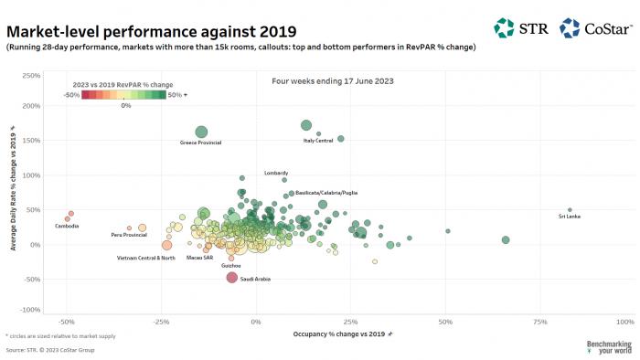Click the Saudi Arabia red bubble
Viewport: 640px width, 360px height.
point(232,278)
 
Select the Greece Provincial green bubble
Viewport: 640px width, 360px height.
point(201,132)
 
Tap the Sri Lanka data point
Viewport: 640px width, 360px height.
point(570,209)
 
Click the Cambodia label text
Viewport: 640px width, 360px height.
point(67,226)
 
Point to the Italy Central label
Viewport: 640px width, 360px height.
point(318,141)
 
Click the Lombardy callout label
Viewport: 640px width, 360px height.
point(276,173)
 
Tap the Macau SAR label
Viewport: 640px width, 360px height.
point(199,258)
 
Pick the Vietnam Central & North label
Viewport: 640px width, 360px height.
point(145,258)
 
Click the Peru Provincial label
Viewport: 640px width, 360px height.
point(129,235)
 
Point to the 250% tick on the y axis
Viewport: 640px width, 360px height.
point(29,75)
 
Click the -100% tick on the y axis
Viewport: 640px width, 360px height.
point(28,308)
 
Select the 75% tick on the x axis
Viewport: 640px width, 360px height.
point(540,323)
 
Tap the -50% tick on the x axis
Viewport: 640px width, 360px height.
point(67,323)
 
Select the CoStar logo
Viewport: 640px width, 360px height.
point(594,28)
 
